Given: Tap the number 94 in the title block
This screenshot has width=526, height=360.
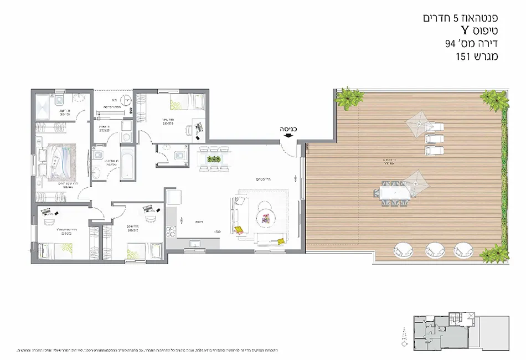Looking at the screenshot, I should (450, 43).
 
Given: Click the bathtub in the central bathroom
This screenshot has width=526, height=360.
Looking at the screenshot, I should (127, 163).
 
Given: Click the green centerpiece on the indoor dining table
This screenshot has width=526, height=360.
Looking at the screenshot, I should (214, 159).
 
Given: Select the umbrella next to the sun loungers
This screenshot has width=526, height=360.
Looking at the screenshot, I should (419, 120).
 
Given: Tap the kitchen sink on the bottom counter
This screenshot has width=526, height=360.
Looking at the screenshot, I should (194, 242).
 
